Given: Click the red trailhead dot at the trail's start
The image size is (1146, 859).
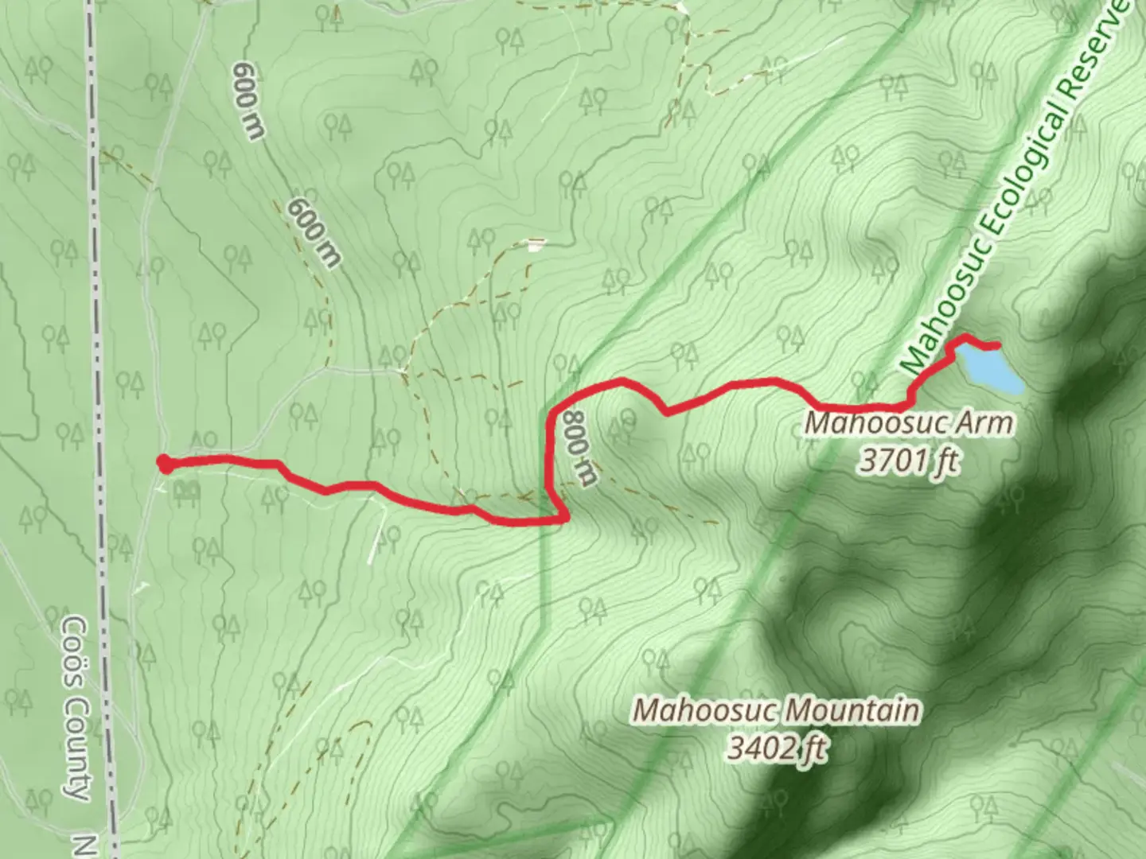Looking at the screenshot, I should click(164, 463).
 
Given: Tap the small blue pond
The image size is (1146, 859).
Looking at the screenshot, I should click(991, 369).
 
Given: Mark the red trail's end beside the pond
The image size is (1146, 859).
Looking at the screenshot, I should click(996, 345).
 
